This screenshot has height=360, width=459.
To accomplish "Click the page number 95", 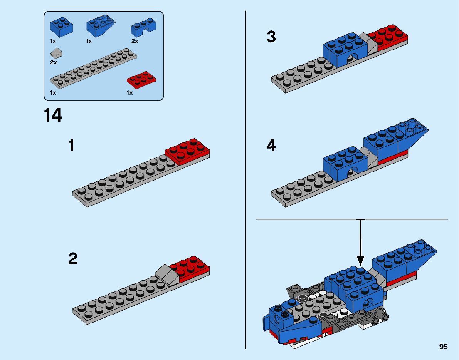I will click(x=443, y=347).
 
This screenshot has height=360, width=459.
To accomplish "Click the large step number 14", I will click(x=53, y=116).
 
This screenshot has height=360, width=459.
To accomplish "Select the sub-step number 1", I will click(x=71, y=146).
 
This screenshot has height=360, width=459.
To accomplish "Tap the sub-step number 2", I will click(x=72, y=259).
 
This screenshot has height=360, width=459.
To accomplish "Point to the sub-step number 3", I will click(x=271, y=37).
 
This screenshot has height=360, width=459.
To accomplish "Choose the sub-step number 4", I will click(x=271, y=146).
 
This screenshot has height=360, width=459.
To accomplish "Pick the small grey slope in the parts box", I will click(x=56, y=53).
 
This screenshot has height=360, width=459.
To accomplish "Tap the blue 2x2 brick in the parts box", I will click(x=61, y=27).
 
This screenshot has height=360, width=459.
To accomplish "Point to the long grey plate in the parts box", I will click(x=93, y=68).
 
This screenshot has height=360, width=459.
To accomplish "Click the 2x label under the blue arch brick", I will click(x=135, y=41).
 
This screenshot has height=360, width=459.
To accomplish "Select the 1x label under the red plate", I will click(x=130, y=93).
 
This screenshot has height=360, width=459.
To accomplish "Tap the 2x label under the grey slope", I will click(x=53, y=62).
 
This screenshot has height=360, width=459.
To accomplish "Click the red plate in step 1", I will click(x=187, y=151).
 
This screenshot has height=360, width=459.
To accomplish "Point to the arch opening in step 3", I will click(x=351, y=58).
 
